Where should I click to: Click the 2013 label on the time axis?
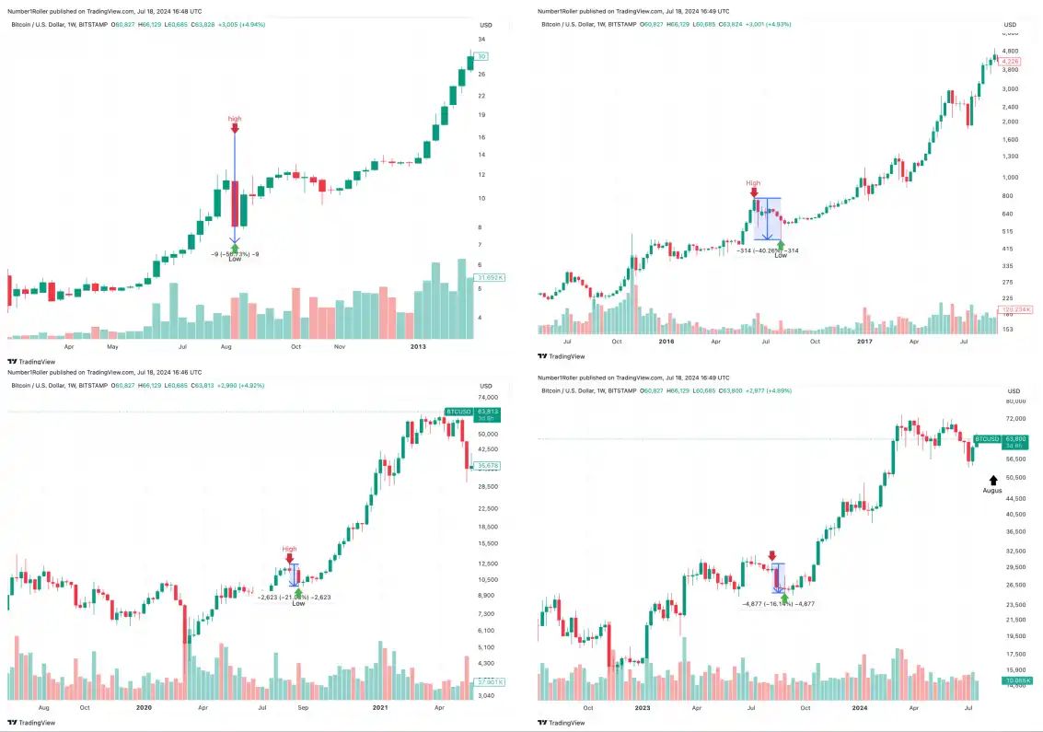[418, 347]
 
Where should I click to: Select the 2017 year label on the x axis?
[864, 341]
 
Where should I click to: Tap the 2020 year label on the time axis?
[144, 707]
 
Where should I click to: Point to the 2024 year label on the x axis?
[858, 708]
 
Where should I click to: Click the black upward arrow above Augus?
[992, 480]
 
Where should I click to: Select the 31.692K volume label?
[488, 277]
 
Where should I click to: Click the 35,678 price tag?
[488, 466]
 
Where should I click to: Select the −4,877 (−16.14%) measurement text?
[778, 604]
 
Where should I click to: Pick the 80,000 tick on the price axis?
[1014, 402]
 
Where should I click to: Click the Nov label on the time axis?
[340, 347]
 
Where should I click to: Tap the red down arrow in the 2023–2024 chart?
[771, 555]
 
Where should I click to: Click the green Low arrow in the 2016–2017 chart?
[781, 244]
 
